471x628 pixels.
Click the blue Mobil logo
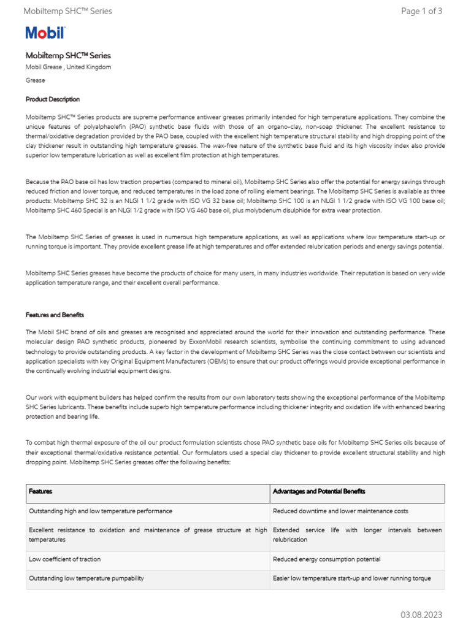(45, 33)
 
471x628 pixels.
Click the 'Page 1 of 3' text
(421, 11)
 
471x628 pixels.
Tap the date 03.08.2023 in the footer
(421, 615)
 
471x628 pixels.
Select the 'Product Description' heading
(53, 99)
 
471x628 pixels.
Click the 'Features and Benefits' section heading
(55, 315)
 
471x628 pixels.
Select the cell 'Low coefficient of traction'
(65, 559)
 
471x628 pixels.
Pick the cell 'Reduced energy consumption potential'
(326, 559)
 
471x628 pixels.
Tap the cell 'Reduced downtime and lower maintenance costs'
(340, 511)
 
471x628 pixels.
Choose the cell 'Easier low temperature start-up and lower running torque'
(351, 578)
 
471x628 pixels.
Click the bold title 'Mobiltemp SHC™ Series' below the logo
(68, 56)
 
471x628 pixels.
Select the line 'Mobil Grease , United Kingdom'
(68, 67)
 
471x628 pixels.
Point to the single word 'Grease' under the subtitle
(35, 80)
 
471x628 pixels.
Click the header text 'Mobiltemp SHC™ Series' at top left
(67, 11)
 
